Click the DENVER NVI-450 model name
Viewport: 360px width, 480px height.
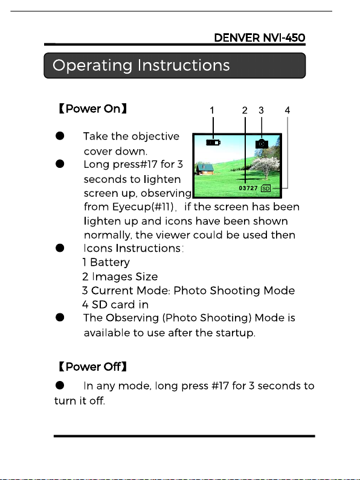(260, 37)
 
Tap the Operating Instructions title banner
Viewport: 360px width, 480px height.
(175, 66)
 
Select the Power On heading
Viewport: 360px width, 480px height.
(92, 109)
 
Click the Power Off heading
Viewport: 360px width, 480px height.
(92, 366)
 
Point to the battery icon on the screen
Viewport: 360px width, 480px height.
(213, 142)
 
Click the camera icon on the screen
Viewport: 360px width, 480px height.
(262, 143)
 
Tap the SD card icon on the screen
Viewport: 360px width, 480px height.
(266, 188)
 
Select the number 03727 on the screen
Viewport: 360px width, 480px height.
(248, 188)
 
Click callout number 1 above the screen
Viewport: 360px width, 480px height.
(212, 110)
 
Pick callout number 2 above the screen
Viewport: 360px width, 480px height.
(245, 110)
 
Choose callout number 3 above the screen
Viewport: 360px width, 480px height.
(261, 110)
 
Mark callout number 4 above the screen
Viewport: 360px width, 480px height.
(287, 110)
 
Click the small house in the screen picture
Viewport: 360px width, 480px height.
(205, 169)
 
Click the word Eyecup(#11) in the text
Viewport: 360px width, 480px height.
(143, 207)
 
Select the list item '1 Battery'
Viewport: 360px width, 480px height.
(106, 263)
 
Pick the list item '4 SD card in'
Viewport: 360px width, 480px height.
(115, 304)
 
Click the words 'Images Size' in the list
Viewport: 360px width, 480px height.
(125, 277)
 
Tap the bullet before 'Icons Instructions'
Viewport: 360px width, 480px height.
(60, 248)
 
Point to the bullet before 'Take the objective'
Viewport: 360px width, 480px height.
(60, 136)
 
